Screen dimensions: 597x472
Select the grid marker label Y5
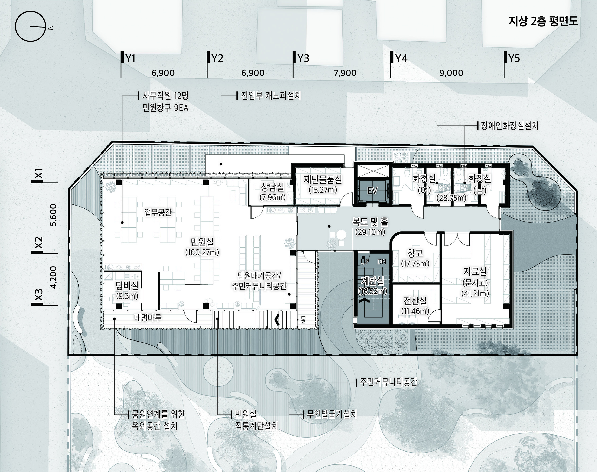point(514,58)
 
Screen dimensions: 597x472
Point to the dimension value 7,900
point(345,73)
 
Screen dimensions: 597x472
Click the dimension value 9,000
point(451,73)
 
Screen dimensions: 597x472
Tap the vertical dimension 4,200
point(54,277)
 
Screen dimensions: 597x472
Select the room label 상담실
point(272,187)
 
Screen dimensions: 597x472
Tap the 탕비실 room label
point(127,285)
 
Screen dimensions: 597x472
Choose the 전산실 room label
point(415,301)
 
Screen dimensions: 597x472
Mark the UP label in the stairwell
point(365,262)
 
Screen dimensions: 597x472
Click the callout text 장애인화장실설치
point(509,126)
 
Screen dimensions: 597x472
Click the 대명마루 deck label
point(148,317)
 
